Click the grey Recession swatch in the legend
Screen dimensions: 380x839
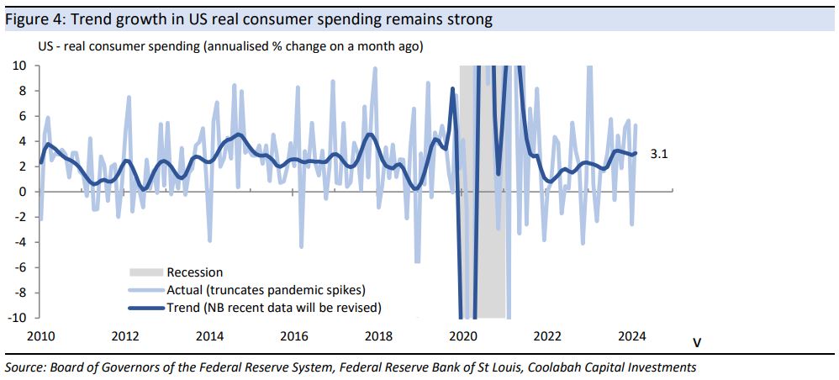145,272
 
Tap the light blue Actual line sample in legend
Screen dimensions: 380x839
145,290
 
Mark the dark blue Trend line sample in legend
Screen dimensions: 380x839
145,308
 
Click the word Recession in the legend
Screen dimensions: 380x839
195,272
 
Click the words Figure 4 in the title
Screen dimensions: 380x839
32,18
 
